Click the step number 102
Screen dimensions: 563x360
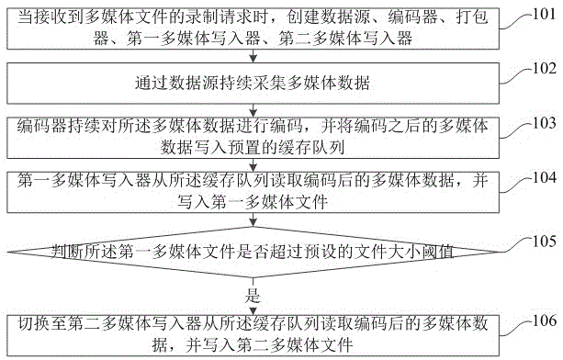(x=542, y=67)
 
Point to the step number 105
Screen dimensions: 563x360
(x=542, y=242)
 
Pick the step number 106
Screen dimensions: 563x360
(x=542, y=319)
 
